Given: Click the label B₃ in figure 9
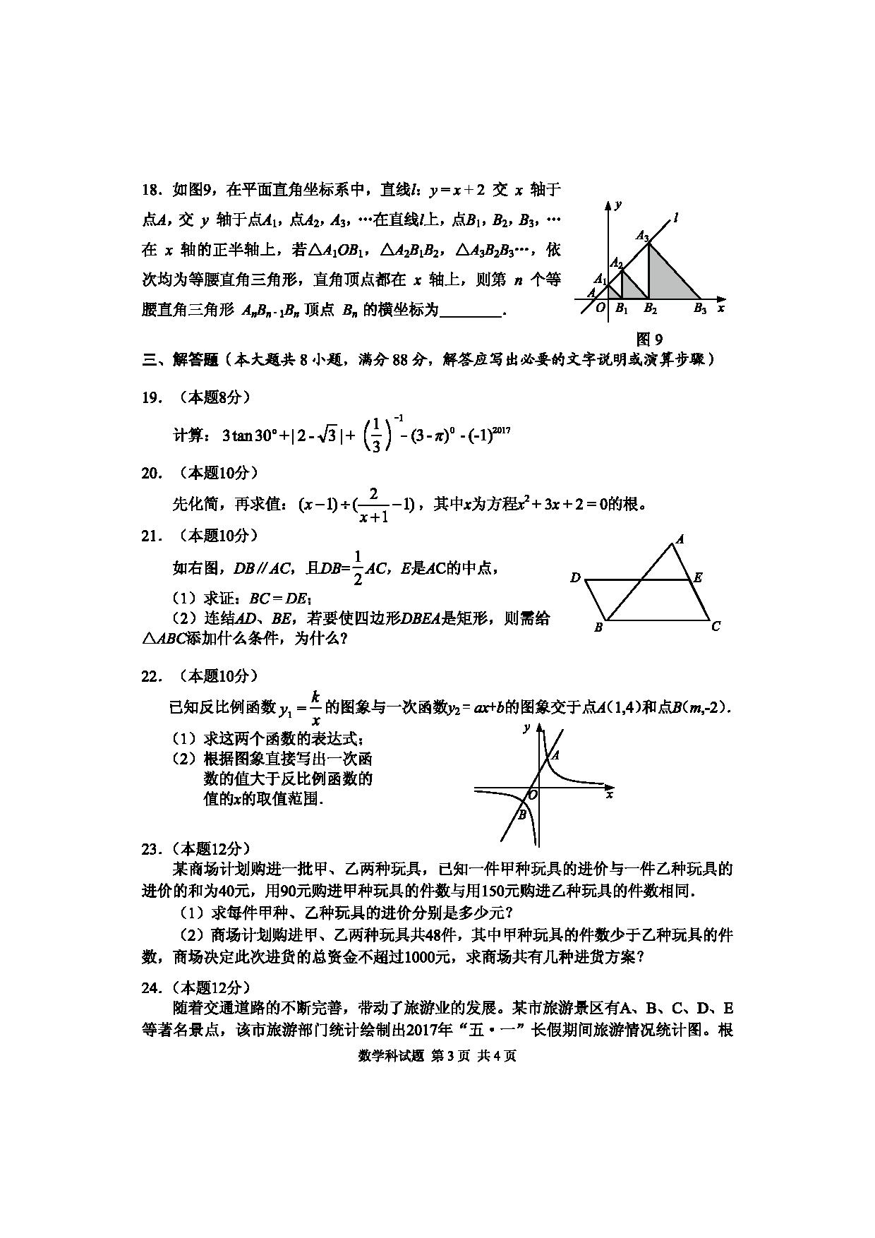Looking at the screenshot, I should (x=699, y=308).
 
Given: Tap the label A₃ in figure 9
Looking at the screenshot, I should (x=641, y=236).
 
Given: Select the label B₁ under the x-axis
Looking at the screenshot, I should (x=621, y=308).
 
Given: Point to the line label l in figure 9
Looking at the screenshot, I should (x=676, y=218).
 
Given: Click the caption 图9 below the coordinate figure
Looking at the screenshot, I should (x=650, y=339).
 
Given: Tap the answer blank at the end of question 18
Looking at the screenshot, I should (x=471, y=311).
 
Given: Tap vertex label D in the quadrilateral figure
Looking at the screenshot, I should (x=575, y=578).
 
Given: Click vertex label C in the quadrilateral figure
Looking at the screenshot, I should (x=716, y=626).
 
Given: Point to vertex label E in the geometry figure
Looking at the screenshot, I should (x=698, y=578).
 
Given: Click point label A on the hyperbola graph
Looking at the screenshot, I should (x=555, y=755).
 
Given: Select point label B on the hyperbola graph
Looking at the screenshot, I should (x=522, y=815).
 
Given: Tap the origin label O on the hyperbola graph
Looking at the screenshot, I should (x=533, y=795).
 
